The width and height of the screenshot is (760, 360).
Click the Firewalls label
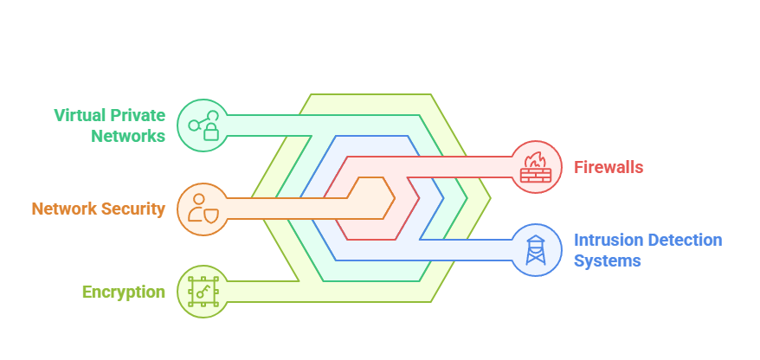[x=609, y=167]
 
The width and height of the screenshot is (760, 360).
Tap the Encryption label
[x=123, y=292]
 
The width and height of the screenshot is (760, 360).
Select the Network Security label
[x=98, y=209]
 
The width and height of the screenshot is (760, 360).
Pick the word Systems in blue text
[x=607, y=260]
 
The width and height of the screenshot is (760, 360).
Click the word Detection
[x=684, y=240]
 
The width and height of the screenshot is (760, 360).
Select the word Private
[x=140, y=115]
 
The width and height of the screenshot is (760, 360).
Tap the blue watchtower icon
[x=536, y=250]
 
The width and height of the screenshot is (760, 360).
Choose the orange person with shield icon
[x=202, y=209]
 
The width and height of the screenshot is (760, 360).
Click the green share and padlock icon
[x=202, y=125]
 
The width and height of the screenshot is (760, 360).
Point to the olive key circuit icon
[x=202, y=292]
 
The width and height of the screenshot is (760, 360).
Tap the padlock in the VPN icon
[x=209, y=132]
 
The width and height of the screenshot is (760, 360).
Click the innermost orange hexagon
[x=368, y=208]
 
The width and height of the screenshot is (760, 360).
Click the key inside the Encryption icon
[x=202, y=292]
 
